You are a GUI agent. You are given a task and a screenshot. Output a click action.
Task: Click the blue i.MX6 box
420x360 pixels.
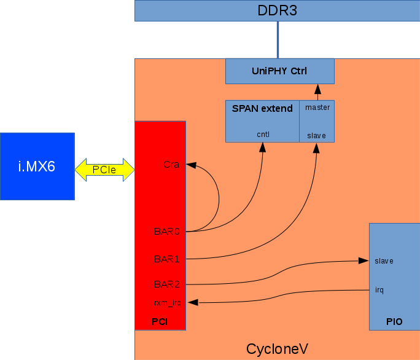[37, 166]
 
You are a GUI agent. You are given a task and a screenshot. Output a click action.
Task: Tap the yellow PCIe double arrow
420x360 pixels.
[104, 169]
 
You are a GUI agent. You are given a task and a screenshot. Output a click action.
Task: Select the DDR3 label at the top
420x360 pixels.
[278, 10]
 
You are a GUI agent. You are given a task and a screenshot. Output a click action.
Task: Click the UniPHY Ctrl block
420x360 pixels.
[279, 71]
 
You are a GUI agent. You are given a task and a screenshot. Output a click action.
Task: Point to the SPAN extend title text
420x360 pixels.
[262, 109]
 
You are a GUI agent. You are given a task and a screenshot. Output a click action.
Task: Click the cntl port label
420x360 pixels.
[263, 134]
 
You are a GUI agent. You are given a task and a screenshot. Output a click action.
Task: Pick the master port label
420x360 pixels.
[317, 108]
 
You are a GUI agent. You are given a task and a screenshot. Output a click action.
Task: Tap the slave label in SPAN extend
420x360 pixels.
[316, 135]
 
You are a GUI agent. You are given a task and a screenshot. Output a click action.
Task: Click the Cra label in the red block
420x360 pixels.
[171, 164]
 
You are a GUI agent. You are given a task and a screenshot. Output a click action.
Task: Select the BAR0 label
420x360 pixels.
[166, 232]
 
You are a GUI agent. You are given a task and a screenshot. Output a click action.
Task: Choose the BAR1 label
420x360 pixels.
[166, 259]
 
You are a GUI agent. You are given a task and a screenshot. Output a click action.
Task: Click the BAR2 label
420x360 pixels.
[166, 284]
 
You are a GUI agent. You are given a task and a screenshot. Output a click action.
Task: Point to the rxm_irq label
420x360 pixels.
[167, 302]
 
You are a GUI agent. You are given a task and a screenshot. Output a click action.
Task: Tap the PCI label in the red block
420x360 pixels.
[160, 321]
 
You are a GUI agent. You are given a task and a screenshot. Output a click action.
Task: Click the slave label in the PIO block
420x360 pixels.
[384, 261]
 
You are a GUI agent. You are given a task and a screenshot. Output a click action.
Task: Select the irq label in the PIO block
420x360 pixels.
[379, 289]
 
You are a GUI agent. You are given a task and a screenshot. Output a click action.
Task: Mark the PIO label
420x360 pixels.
[394, 321]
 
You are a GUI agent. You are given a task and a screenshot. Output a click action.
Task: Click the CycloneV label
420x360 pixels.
[277, 349]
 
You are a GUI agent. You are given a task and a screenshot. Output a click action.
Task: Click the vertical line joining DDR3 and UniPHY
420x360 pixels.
[278, 40]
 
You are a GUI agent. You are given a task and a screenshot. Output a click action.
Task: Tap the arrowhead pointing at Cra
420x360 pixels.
[190, 165]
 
